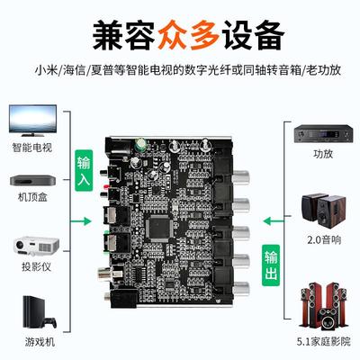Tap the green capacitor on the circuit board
pos(141,142)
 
